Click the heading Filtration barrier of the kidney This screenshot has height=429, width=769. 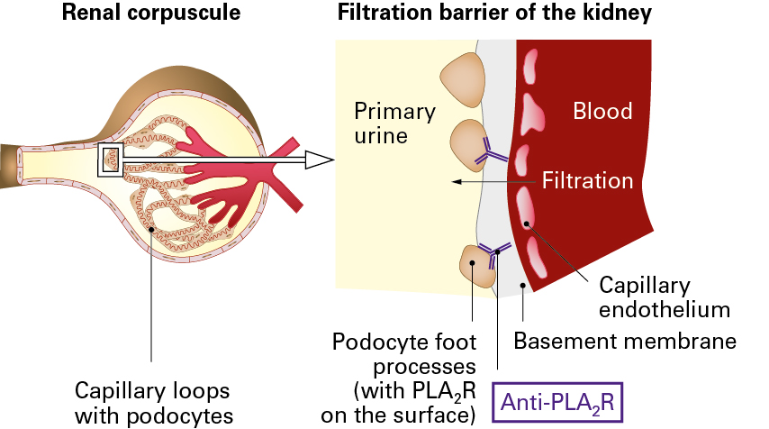[494, 15]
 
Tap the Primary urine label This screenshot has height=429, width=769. [394, 123]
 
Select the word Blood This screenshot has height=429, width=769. [602, 112]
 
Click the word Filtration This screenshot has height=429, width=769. [587, 181]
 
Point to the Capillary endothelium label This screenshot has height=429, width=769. [664, 297]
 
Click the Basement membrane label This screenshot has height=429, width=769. [625, 342]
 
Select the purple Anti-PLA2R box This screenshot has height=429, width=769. [556, 401]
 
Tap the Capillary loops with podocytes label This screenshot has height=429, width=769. [151, 402]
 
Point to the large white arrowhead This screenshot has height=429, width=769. [319, 160]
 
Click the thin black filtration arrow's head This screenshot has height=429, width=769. [457, 181]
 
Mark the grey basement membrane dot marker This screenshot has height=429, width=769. [524, 288]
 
